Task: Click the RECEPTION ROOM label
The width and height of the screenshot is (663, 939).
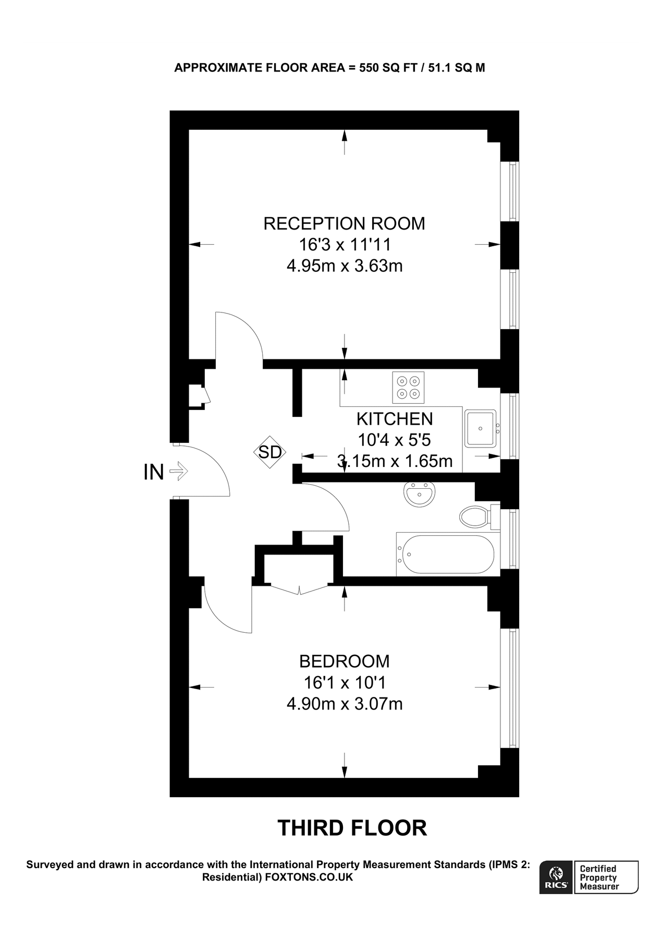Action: click(x=344, y=223)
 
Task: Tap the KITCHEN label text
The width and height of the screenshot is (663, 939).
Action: click(x=395, y=419)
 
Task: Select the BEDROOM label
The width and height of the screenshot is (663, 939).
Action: click(x=344, y=661)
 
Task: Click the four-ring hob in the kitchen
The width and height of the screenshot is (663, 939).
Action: click(x=408, y=388)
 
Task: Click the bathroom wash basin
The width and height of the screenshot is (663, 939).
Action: click(x=419, y=495)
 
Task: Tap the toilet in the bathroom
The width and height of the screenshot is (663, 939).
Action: click(x=475, y=517)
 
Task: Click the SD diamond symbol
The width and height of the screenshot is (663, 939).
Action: click(x=270, y=452)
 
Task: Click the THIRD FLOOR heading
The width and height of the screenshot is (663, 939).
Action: click(x=352, y=828)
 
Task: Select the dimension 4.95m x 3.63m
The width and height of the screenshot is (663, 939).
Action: click(x=344, y=266)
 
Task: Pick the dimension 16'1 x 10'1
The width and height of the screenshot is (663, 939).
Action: click(x=344, y=682)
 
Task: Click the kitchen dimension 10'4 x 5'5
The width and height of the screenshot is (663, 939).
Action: click(x=395, y=440)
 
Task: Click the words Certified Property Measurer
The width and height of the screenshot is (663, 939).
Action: click(x=599, y=877)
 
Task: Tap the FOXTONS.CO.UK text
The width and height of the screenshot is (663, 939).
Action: click(x=309, y=877)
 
